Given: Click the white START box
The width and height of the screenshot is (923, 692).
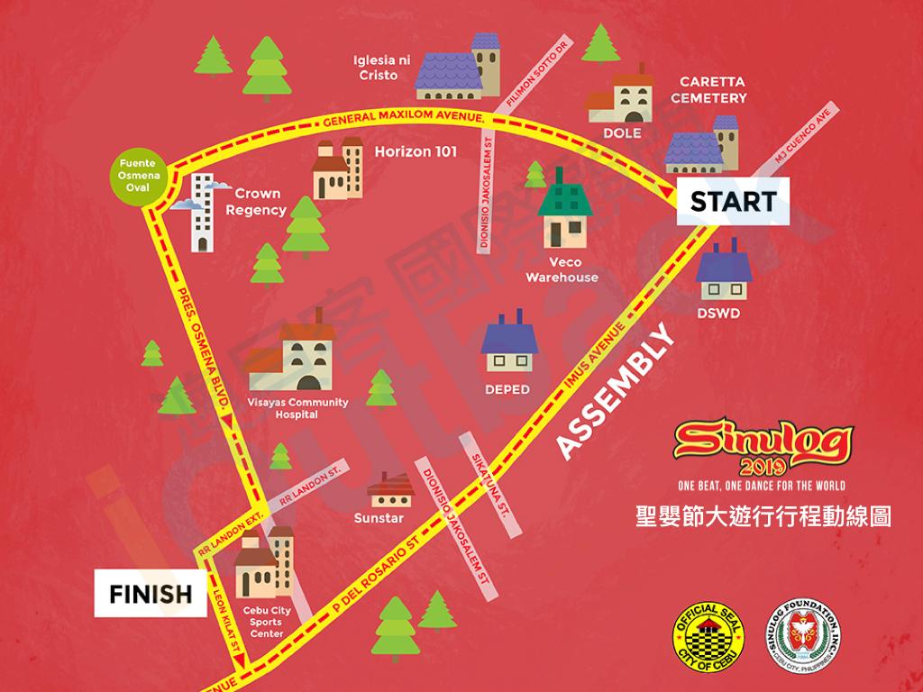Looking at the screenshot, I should point(733,202).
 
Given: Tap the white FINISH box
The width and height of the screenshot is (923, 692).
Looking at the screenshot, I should point(151,594).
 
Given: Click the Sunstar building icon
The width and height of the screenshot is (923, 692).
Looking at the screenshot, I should point(390,490).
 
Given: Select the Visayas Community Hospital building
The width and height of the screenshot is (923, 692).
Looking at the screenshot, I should point(292,361).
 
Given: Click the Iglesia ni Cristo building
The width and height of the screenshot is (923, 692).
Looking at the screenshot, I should point(461,68).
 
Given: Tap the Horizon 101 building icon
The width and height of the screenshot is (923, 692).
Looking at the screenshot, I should point(337,171).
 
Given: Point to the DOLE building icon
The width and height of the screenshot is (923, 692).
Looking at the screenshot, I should point(622,97).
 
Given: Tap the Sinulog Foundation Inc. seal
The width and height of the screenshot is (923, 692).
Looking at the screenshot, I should point(809,636).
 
